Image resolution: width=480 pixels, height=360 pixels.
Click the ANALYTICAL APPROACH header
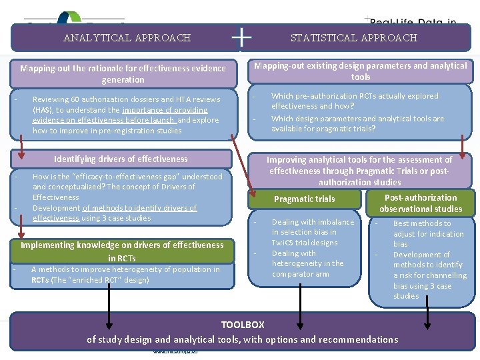coord(127,38)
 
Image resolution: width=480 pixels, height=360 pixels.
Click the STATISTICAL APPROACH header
coord(353,38)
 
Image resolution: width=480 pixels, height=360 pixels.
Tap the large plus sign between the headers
coord(241,37)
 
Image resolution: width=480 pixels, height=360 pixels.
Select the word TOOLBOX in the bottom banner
coord(243,325)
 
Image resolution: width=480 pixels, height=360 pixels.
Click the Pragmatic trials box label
coord(305,199)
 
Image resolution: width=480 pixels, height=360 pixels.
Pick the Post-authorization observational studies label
coord(421,203)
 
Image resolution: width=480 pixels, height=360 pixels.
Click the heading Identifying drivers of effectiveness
coord(121,159)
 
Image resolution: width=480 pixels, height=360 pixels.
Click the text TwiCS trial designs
coord(305,243)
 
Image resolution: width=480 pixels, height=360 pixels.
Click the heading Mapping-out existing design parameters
coord(360,65)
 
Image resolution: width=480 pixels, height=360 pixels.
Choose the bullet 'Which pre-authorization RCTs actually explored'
coord(355,96)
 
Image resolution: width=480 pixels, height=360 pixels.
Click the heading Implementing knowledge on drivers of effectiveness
coord(122,245)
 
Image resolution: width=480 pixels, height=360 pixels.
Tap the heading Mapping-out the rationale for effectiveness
coord(123,68)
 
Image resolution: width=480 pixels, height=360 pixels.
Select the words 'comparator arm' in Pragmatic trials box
coord(300,274)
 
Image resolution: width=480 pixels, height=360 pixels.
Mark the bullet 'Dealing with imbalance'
coord(313,222)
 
